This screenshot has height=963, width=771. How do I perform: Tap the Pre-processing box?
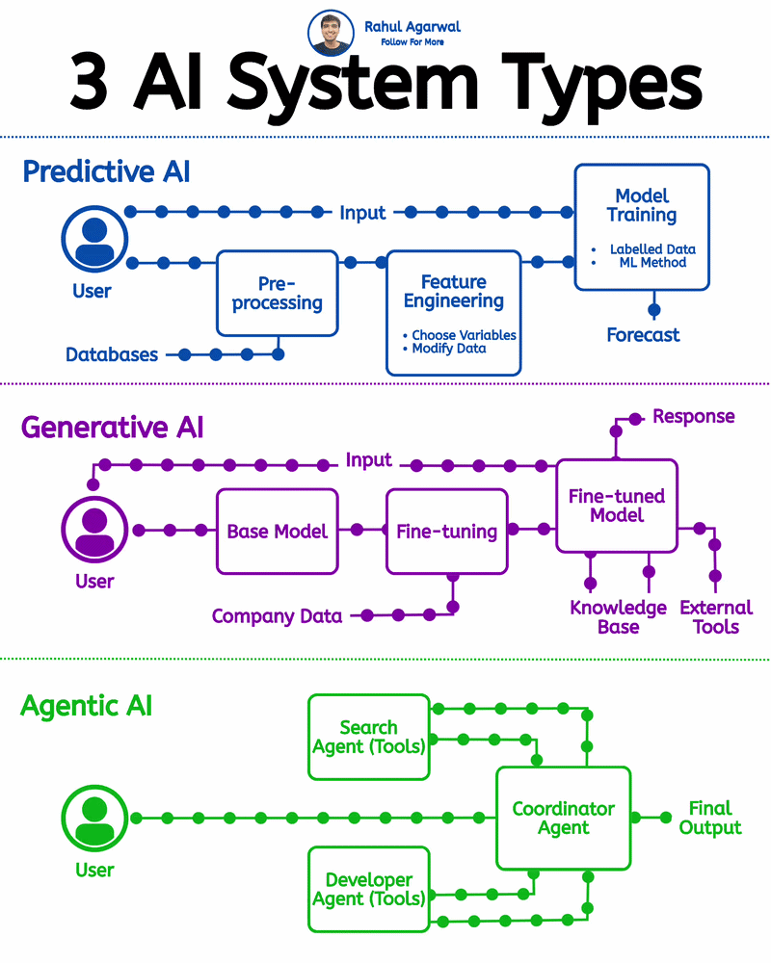pos(277,293)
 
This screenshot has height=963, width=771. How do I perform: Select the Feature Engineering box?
pos(453,312)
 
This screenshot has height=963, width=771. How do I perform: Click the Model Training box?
pos(642,226)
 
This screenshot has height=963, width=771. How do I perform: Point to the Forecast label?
pos(643,335)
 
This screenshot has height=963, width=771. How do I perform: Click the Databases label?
pos(112,354)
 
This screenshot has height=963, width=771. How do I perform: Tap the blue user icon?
pos(93,241)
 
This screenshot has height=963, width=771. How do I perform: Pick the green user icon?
pos(93,819)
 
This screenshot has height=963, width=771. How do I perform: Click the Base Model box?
pos(277,531)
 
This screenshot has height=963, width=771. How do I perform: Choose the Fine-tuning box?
pos(446,531)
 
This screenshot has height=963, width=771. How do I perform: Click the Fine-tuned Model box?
pos(617,505)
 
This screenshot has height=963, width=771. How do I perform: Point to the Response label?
pos(693,416)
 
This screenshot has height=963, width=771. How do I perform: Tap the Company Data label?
pos(277,615)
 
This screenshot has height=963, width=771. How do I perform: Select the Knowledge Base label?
pos(618,617)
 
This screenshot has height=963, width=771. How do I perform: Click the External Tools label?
pos(715,617)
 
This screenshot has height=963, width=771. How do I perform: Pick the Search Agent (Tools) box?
pos(368,737)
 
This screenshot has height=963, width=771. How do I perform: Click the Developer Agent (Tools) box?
pos(368,889)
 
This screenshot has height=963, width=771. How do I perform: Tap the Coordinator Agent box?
pos(563,818)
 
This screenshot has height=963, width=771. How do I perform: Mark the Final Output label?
pos(710,818)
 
